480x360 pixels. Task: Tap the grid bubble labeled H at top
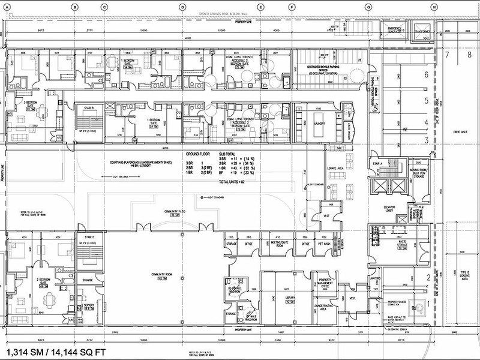pyautogui.click(x=433, y=7)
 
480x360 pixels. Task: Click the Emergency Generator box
pyautogui.click(x=394, y=29)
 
